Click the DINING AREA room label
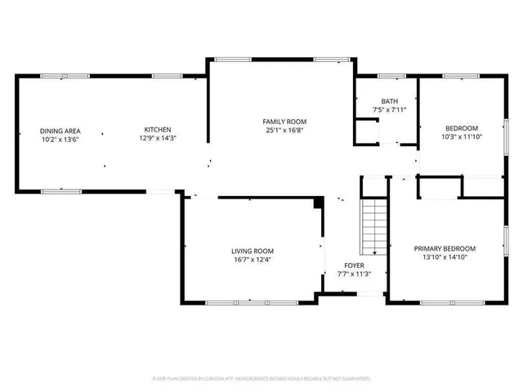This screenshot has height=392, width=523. (x=60, y=130)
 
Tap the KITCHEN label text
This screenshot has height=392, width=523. (x=157, y=130)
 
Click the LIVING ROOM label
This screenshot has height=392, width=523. (x=252, y=251)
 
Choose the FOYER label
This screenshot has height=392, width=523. (x=354, y=265)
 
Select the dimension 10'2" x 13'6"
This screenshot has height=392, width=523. (x=60, y=139)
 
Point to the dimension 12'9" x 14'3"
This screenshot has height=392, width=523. (x=157, y=139)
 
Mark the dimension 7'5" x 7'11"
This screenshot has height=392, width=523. (x=389, y=109)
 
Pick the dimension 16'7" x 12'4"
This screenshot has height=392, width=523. (x=252, y=260)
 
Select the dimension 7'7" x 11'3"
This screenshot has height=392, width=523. (x=354, y=274)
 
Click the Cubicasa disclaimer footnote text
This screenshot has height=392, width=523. (x=261, y=379)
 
